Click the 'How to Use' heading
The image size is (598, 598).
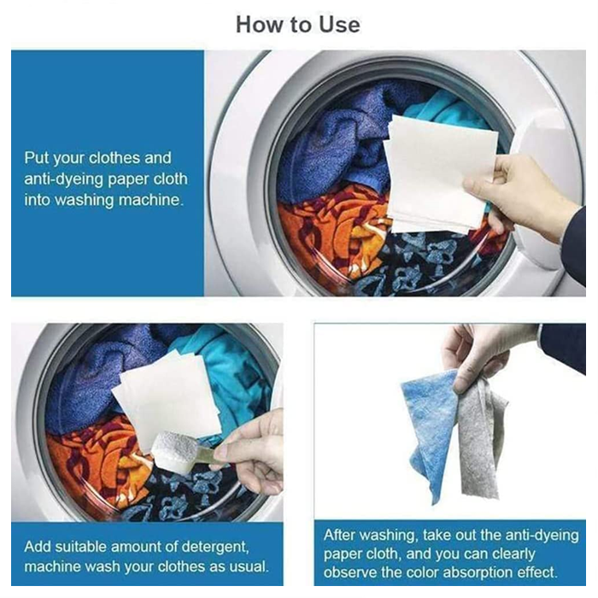pos(298,25)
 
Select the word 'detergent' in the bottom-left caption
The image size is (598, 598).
pos(215,547)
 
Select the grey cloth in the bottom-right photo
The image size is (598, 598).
pos(481,438)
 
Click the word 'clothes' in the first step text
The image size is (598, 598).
pos(114,158)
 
